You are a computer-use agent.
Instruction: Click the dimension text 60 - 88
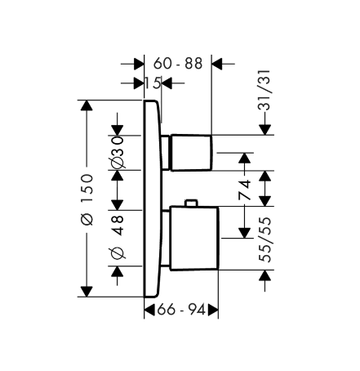(178, 64)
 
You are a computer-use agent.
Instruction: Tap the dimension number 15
(153, 83)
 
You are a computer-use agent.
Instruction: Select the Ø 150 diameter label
(87, 199)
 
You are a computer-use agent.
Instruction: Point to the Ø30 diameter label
(118, 153)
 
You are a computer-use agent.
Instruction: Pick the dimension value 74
(244, 190)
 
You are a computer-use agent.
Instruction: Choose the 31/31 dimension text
(264, 90)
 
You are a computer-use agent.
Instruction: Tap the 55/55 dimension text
(265, 239)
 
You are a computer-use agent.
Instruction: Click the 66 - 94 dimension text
(181, 310)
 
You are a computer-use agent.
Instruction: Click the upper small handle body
(191, 153)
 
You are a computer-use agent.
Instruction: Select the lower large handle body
(194, 239)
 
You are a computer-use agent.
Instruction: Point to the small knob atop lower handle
(191, 203)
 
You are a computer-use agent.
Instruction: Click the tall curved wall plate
(153, 199)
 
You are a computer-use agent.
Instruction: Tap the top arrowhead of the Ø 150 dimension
(87, 105)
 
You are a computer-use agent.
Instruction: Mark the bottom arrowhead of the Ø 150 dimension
(87, 292)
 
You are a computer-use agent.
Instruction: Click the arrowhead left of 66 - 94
(149, 310)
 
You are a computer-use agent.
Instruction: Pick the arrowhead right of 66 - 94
(213, 310)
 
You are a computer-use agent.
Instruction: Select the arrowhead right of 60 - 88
(217, 64)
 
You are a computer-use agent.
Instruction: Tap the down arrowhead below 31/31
(264, 129)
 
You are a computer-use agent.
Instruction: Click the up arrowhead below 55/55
(265, 275)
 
